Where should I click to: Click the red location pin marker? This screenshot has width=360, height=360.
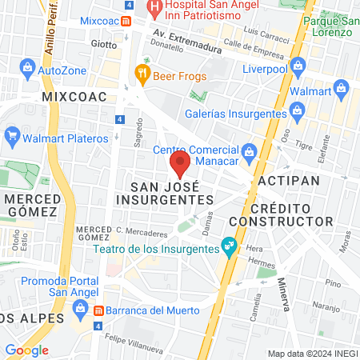180,165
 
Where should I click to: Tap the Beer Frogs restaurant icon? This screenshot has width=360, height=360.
143,75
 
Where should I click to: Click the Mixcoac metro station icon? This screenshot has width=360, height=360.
126,21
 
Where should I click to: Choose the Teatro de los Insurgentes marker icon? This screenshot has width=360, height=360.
230,245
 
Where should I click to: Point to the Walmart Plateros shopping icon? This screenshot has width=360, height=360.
12,138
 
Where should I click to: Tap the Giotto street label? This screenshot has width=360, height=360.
104,43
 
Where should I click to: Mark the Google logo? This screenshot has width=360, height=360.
27,350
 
